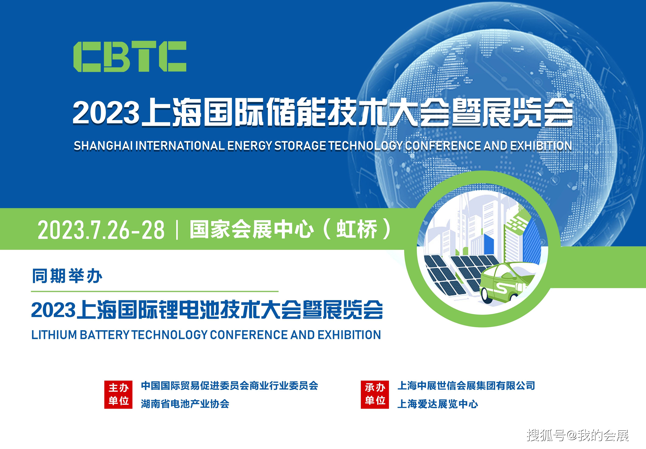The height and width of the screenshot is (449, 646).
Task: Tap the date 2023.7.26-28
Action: click(101, 230)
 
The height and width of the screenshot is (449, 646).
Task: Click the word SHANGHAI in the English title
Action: click(103, 146)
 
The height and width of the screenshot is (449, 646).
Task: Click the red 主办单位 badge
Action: click(118, 394)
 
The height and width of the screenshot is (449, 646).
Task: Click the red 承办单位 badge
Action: click(375, 394)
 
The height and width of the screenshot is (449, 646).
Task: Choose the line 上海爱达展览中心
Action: click(437, 404)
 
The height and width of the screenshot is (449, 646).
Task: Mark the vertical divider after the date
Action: click(177, 230)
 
